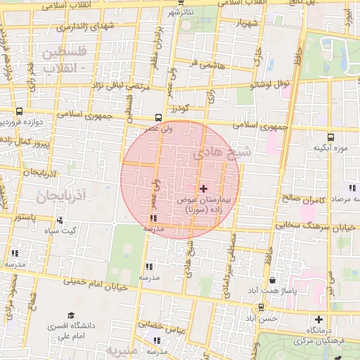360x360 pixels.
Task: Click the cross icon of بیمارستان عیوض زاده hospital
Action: pyautogui.click(x=204, y=188)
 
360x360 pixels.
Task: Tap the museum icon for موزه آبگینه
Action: pyautogui.click(x=330, y=137)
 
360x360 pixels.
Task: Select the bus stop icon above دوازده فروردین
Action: pyautogui.click(x=19, y=111)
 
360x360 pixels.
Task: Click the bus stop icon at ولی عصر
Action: pyautogui.click(x=159, y=118)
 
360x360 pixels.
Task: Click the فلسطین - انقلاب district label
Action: pyautogui.click(x=64, y=60)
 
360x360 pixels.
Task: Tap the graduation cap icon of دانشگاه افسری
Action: pyautogui.click(x=70, y=316)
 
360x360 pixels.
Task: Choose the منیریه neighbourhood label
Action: pyautogui.click(x=124, y=349)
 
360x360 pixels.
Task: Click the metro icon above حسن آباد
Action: pyautogui.click(x=262, y=307)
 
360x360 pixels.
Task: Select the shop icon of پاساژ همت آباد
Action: pyautogui.click(x=272, y=281)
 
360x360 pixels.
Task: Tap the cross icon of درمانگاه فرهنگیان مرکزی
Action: pyautogui.click(x=319, y=319)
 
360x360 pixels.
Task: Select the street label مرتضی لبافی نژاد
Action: pyautogui.click(x=119, y=86)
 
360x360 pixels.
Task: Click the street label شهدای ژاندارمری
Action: pyautogui.click(x=67, y=27)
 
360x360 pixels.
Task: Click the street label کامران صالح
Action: pyautogui.click(x=300, y=198)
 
